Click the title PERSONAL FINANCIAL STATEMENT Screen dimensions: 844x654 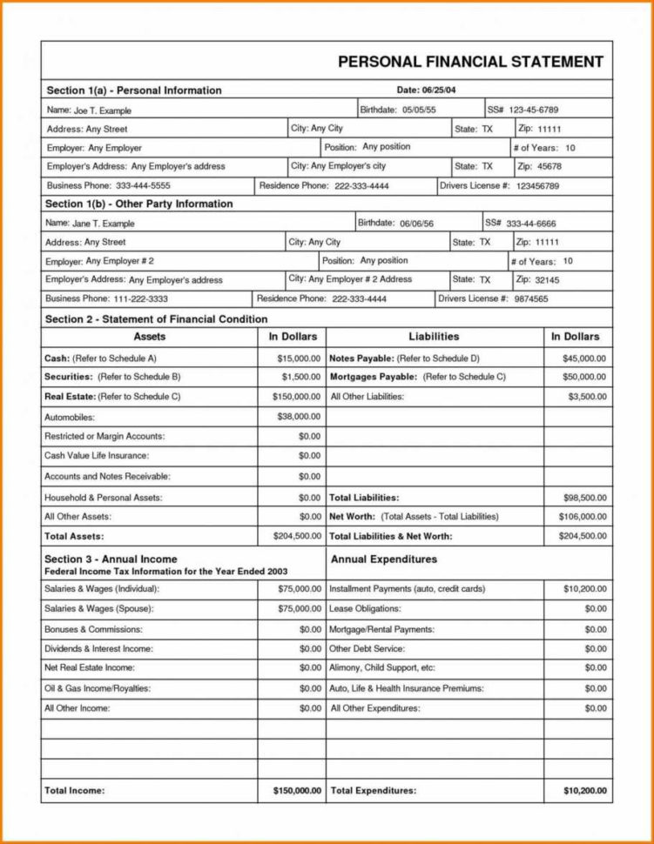[470, 62]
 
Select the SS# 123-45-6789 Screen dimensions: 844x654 [534, 111]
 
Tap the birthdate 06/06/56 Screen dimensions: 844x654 [417, 224]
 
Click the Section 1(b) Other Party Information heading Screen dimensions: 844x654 [139, 204]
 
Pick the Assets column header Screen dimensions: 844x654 [150, 337]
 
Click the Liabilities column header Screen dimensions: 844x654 [434, 337]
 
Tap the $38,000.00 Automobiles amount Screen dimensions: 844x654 [299, 417]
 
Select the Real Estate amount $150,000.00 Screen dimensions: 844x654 [295, 397]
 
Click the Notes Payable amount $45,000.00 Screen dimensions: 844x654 [584, 358]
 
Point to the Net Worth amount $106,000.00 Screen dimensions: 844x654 [582, 517]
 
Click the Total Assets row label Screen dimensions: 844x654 [74, 537]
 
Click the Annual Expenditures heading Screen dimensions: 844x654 [384, 559]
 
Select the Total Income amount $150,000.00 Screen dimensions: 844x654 [292, 791]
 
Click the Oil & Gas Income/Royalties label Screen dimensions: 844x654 [98, 688]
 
